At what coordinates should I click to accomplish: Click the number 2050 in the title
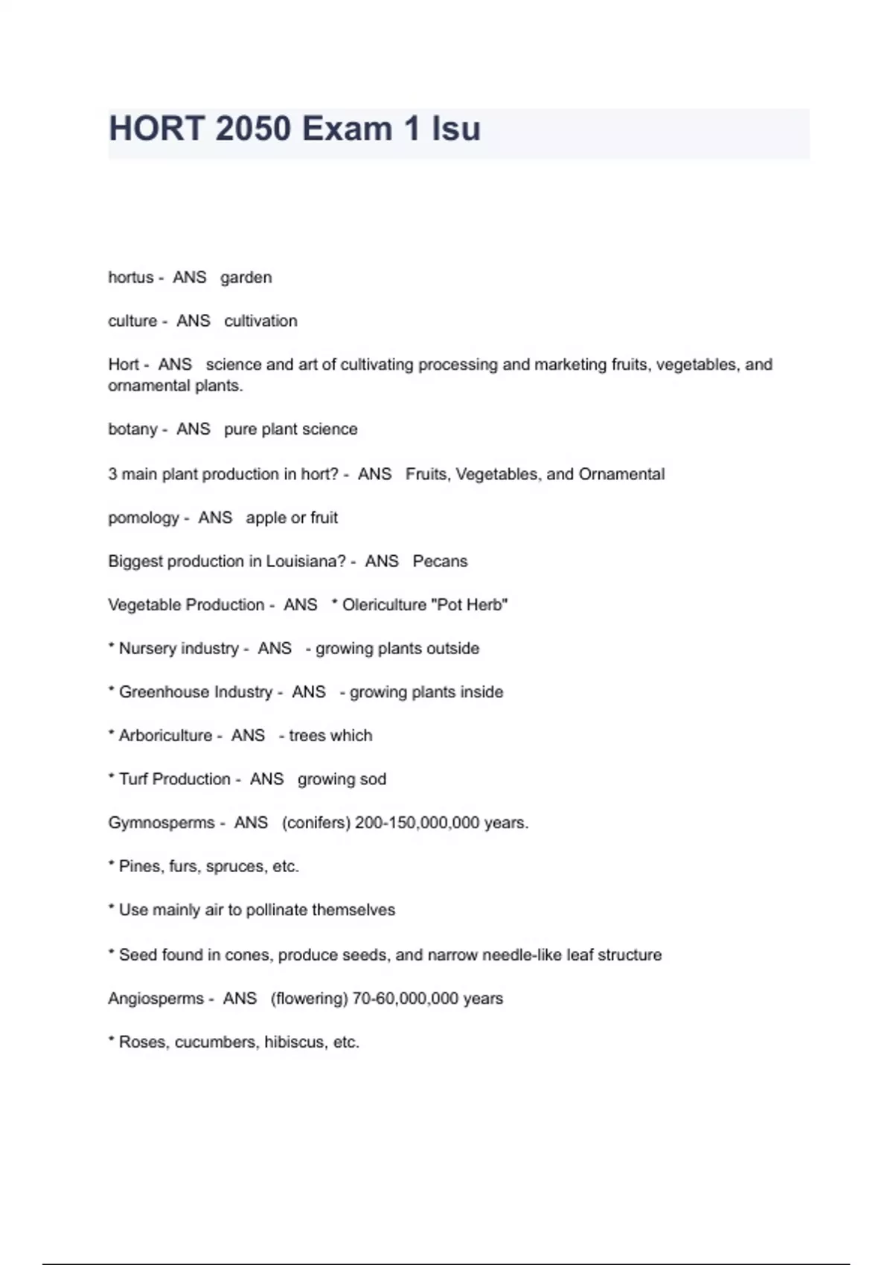252,129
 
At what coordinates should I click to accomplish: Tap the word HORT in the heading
156,129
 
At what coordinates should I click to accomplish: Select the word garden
246,278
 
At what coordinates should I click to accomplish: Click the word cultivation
260,321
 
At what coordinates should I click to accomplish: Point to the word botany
132,429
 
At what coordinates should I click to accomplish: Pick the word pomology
143,518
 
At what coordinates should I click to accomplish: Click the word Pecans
440,561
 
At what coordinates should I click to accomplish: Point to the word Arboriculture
165,736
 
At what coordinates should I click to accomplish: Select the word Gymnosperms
161,823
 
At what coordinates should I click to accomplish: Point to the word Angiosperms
156,999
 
